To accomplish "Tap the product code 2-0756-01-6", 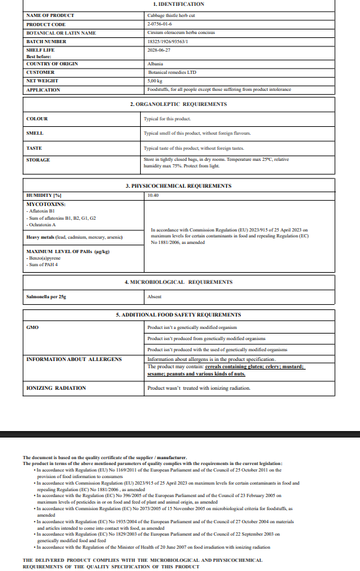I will pyautogui.click(x=159, y=24).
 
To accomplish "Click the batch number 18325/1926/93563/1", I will pyautogui.click(x=168, y=41).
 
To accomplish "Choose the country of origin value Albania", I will pyautogui.click(x=156, y=63).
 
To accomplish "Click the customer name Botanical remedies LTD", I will pyautogui.click(x=172, y=72).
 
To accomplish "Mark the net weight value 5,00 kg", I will pyautogui.click(x=155, y=80).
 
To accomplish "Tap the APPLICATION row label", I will pyautogui.click(x=43, y=90).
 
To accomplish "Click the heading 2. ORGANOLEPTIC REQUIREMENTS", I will pyautogui.click(x=178, y=104).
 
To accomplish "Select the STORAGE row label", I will pyautogui.click(x=38, y=160).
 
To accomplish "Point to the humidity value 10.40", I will pyautogui.click(x=153, y=195).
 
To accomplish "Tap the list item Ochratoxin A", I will pyautogui.click(x=44, y=224).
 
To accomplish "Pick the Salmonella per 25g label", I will pyautogui.click(x=46, y=296).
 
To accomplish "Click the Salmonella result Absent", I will pyautogui.click(x=154, y=296).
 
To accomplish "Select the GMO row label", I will pyautogui.click(x=32, y=327).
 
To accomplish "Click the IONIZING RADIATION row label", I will pyautogui.click(x=56, y=388).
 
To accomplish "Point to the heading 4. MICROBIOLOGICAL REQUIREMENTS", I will pyautogui.click(x=178, y=282).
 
